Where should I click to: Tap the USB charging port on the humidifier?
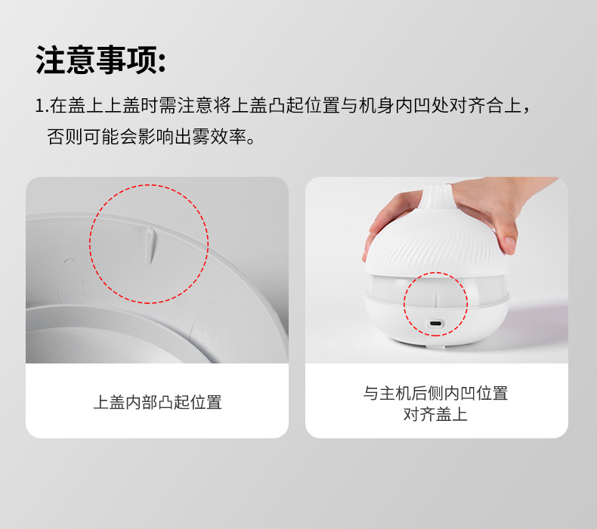(435, 323)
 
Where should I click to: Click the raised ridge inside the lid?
(150, 246)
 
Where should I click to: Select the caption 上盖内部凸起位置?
(157, 402)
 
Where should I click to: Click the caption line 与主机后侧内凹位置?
(435, 393)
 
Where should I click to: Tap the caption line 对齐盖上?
(435, 414)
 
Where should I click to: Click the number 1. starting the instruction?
(42, 106)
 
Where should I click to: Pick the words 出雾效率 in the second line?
(210, 136)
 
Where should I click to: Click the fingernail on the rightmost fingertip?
(509, 243)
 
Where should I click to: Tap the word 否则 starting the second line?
(65, 136)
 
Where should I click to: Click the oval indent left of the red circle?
(70, 282)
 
